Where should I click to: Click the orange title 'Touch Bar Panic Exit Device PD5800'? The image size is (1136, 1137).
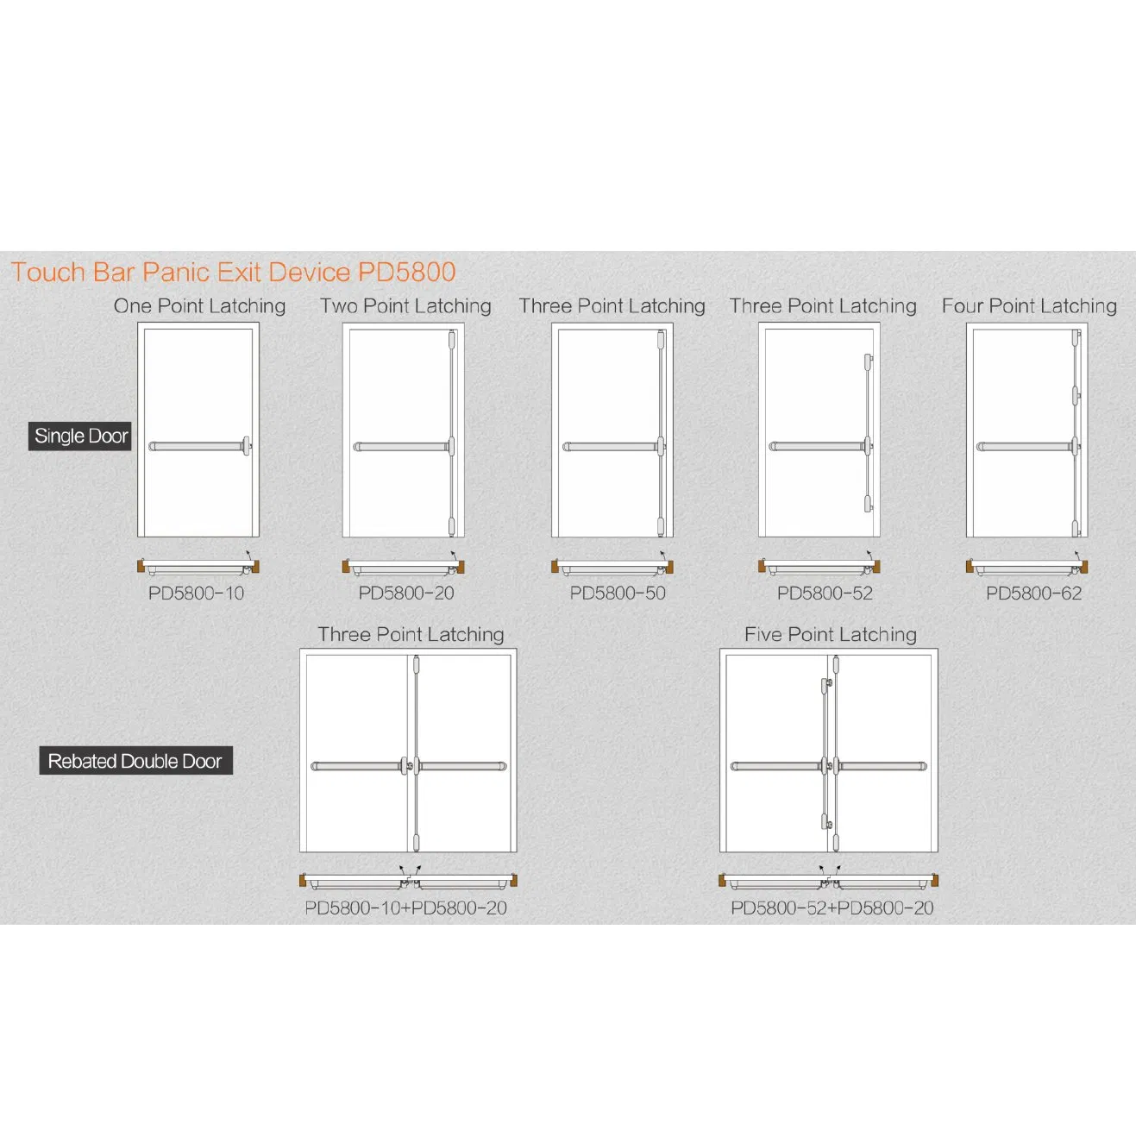coord(233,273)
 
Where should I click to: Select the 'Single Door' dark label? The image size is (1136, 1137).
coord(81,436)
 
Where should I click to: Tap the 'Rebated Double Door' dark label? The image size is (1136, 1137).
coord(135,761)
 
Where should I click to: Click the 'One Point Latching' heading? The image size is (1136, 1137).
coord(199,306)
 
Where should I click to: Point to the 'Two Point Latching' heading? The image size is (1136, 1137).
coord(405,306)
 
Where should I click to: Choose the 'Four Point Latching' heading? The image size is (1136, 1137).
coord(1028,306)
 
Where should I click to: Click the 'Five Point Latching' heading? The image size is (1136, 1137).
coord(830,635)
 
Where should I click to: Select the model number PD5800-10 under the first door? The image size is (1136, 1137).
coord(196,594)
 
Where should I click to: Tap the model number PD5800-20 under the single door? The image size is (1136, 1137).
coord(405,594)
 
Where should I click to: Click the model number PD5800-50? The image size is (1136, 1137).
coord(617,594)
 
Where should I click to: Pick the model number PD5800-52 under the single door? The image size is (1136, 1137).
coord(825,594)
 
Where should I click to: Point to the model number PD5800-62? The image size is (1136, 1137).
coord(1033,594)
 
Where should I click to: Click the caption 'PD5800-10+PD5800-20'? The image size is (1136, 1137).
coord(405,908)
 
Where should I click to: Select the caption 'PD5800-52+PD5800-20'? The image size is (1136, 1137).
coord(832,908)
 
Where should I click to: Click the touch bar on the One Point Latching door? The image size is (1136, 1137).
coord(197,447)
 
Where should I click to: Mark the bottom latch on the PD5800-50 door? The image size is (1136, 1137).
coord(661,524)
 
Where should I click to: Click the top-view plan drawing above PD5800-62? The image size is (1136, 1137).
coord(1026,567)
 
